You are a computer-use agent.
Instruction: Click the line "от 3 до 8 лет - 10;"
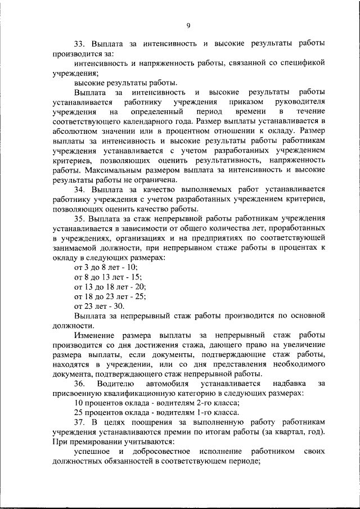point(106,267)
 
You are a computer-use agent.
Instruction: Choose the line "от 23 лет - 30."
point(99,306)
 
